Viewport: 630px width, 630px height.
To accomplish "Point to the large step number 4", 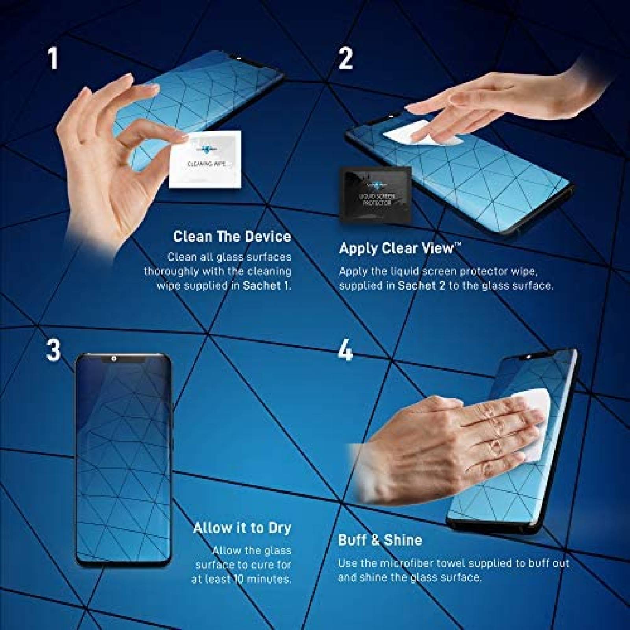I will (345, 350).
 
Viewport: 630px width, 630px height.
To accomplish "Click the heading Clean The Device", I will (232, 237).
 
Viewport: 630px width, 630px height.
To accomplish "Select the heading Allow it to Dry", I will (242, 528).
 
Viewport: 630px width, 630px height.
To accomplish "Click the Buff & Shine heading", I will (380, 540).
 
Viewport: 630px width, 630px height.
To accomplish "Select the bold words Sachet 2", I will (421, 285).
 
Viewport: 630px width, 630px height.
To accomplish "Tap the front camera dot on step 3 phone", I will (113, 359).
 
